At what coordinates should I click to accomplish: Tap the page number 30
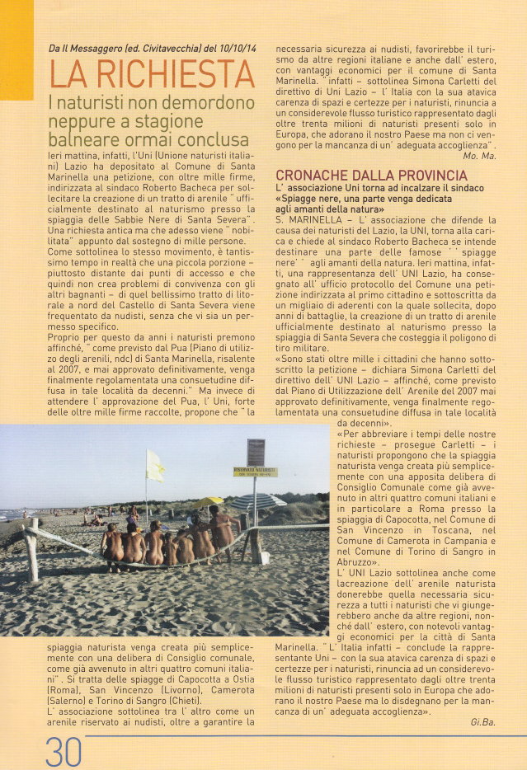[64, 752]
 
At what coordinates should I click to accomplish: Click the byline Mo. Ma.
[502, 155]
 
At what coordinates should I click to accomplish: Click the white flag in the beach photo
[154, 466]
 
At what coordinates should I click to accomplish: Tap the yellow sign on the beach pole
[255, 472]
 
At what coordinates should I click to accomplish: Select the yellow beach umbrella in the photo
[207, 501]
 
